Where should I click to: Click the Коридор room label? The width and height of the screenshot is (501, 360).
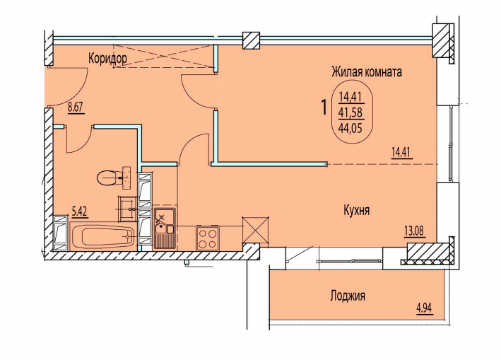coord(107,59)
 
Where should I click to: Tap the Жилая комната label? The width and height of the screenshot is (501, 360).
coord(367,71)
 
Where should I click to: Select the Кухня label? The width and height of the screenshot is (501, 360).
coord(357,210)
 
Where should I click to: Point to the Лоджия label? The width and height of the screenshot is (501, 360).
coord(348,296)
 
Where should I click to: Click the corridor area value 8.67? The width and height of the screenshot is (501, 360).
coord(76,108)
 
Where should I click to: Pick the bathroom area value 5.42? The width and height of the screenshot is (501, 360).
coord(80,211)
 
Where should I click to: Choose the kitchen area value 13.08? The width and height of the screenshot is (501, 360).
coord(415,231)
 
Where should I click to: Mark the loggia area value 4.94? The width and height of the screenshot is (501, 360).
coord(424,308)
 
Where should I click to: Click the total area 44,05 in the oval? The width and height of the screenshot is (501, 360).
coord(351,129)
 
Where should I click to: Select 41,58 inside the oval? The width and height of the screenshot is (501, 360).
coord(351,112)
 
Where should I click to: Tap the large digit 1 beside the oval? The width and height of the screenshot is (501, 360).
coord(324,108)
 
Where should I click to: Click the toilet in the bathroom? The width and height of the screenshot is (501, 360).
coord(114,177)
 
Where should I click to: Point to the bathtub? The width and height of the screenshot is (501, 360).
coord(102,236)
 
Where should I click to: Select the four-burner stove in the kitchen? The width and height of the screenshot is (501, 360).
coord(207,237)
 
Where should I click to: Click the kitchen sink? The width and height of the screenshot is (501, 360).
coord(165,228)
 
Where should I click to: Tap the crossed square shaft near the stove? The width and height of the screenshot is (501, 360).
coord(255,229)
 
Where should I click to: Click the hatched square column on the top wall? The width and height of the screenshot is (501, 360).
coord(251,40)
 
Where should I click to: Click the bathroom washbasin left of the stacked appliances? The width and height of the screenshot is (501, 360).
coord(127,209)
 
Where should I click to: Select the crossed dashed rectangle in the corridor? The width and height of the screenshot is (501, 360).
coord(164,56)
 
